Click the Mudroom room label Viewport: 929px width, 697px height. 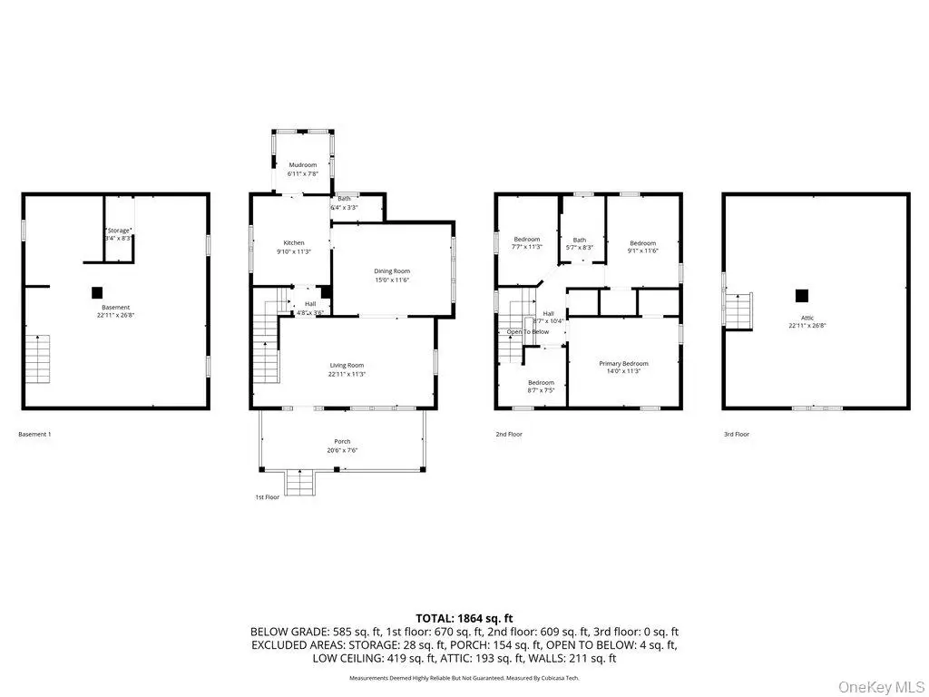tap(303, 165)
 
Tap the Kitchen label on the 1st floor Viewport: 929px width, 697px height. tap(294, 243)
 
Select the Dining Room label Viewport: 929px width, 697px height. tap(392, 271)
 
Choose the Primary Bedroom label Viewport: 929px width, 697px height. tap(623, 363)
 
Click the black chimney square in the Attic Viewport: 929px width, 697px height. tap(801, 295)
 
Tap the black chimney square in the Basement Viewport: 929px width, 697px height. tap(96, 292)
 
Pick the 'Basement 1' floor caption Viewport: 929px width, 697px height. tap(35, 435)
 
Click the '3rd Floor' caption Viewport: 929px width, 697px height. tap(737, 435)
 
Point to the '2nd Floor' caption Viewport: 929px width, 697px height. tap(509, 435)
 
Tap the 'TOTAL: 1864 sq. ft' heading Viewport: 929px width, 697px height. tap(464, 617)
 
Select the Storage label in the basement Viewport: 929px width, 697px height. tap(119, 230)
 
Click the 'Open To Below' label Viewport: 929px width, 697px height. tap(527, 332)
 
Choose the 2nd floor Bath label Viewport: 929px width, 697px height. tap(579, 240)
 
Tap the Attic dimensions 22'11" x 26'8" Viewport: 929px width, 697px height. tap(801, 325)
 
